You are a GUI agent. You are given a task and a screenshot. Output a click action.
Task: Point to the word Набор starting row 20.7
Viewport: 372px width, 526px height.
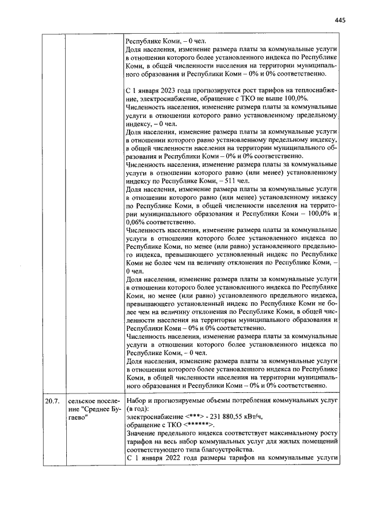[137, 401]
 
